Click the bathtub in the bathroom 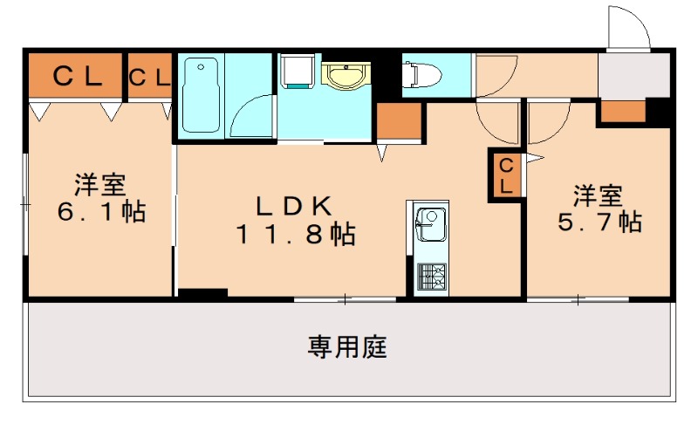click(202, 95)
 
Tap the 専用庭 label click(347, 348)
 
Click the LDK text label click(292, 207)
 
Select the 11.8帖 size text click(294, 234)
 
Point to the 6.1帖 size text click(99, 212)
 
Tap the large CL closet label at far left click(77, 76)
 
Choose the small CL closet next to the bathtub click(150, 77)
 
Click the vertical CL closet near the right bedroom click(506, 174)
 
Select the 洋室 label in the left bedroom click(99, 185)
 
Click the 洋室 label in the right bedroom click(599, 193)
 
